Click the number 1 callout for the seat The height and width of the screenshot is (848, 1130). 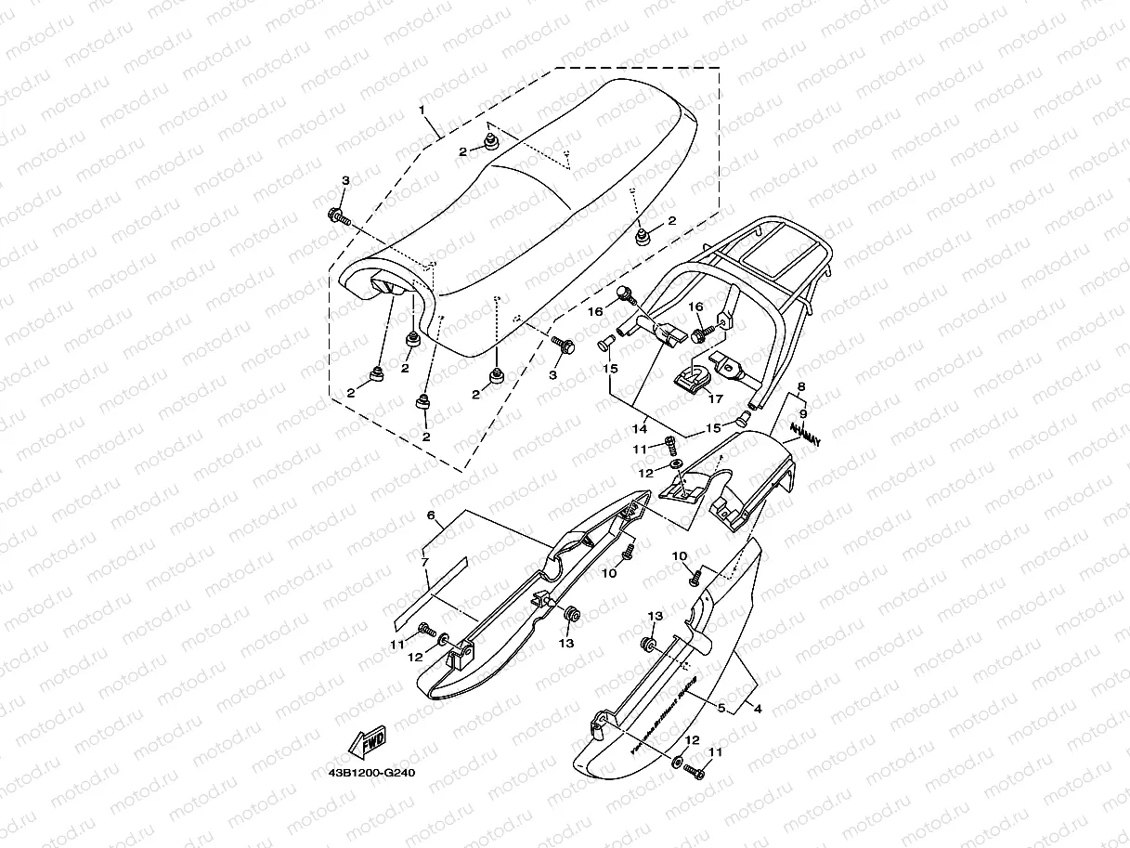pos(422,111)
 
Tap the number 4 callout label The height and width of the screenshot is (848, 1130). pos(757,710)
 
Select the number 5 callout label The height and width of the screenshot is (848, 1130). pos(721,707)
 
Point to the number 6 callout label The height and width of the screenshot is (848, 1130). pos(431,515)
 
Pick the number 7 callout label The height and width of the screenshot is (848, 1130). pos(424,563)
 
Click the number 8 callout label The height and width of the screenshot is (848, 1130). pos(800,385)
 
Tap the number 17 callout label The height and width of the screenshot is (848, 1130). pos(715,398)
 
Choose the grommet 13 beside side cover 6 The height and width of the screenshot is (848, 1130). pos(572,614)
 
